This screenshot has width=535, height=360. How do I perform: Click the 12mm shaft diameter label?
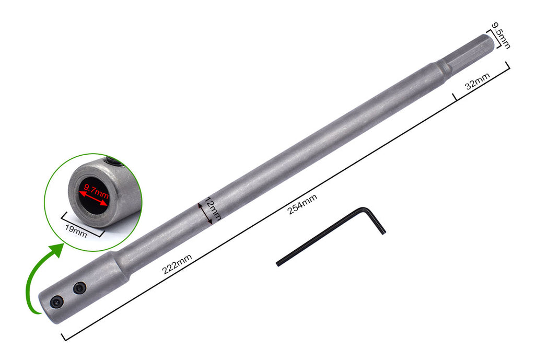(x=214, y=208)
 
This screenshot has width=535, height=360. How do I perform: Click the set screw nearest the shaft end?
(x=56, y=302)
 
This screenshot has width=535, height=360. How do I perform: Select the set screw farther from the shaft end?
(x=79, y=287)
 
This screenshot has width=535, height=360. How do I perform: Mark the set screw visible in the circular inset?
(x=113, y=162)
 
